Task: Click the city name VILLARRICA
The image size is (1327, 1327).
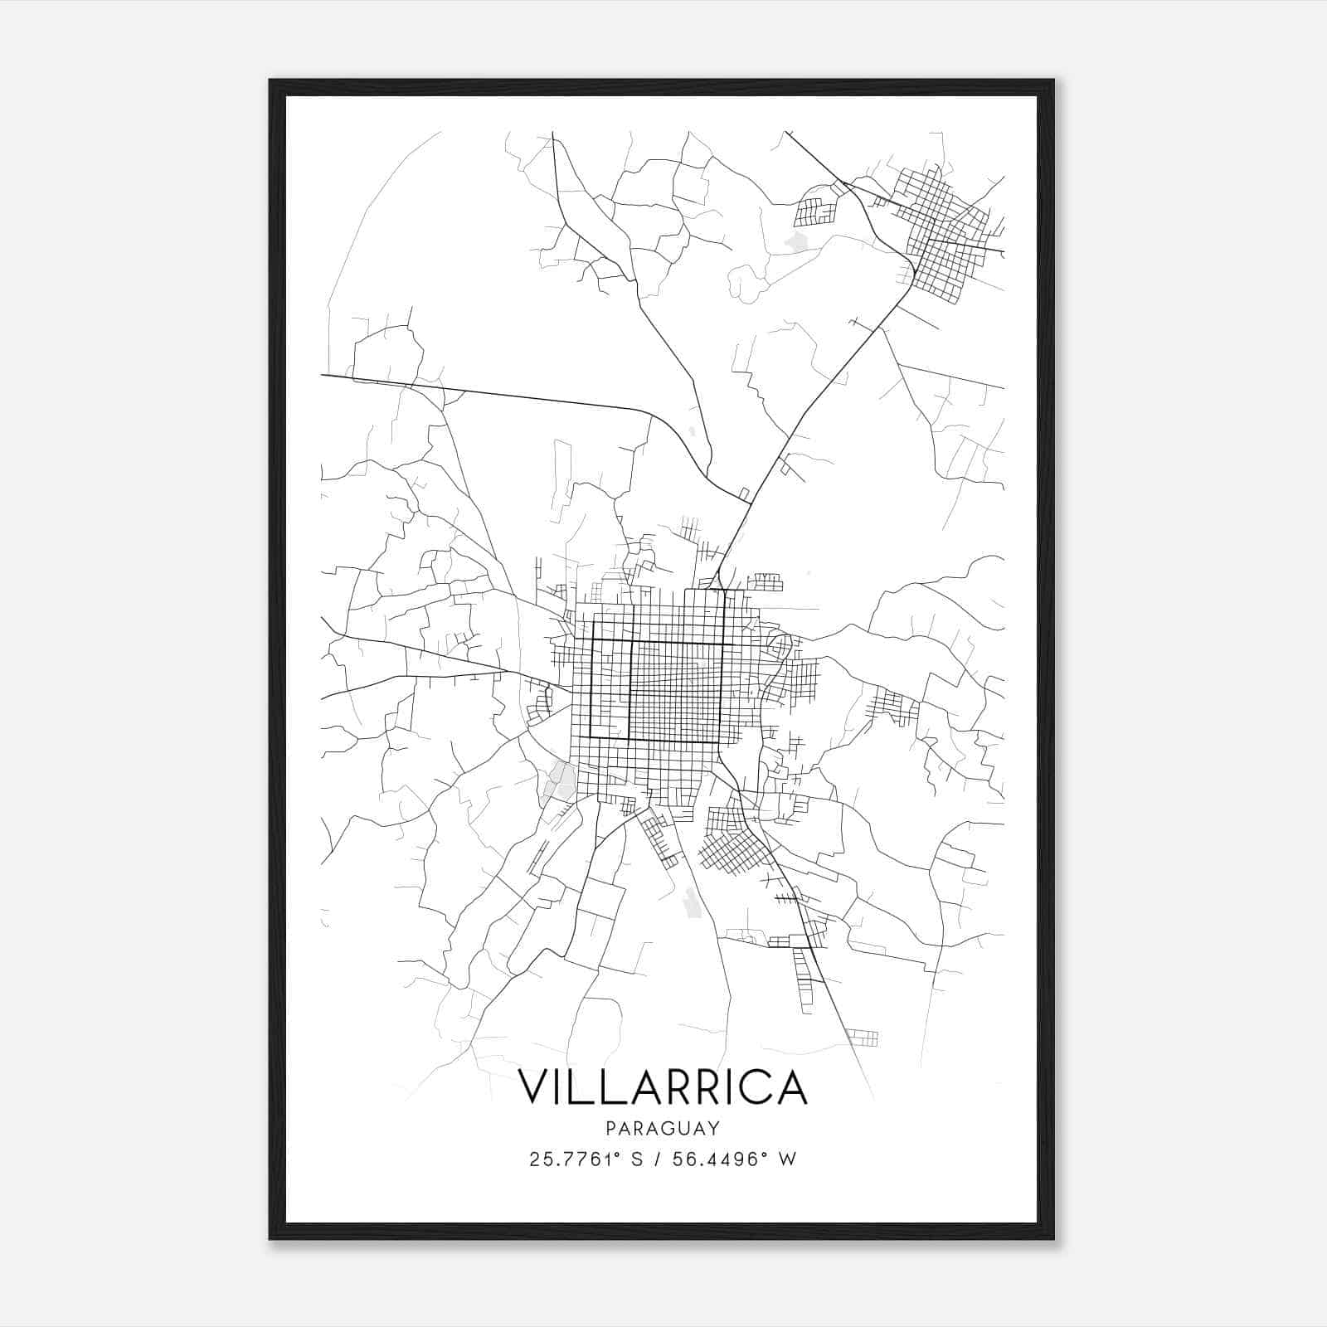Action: pyautogui.click(x=663, y=1086)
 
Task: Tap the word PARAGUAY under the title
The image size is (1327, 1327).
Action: pyautogui.click(x=663, y=1128)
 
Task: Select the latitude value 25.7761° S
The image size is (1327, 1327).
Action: pyautogui.click(x=586, y=1159)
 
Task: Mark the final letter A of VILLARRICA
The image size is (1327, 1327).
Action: pyautogui.click(x=790, y=1086)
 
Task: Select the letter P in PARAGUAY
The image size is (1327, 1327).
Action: pyautogui.click(x=610, y=1128)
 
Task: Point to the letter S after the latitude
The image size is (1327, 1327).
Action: pyautogui.click(x=637, y=1159)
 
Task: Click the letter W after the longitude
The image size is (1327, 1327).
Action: pyautogui.click(x=788, y=1159)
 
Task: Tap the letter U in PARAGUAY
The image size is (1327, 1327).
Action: pyautogui.click(x=685, y=1128)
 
